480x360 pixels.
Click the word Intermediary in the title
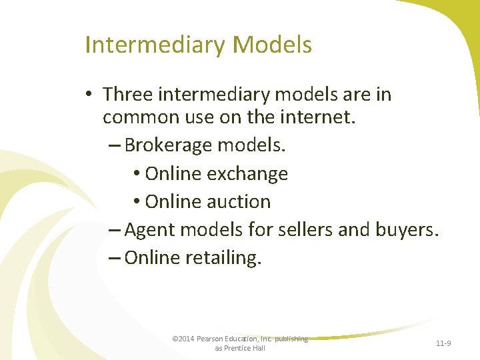point(156,45)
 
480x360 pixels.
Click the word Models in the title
point(273,45)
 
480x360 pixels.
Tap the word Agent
point(148,230)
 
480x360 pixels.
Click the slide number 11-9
point(443,343)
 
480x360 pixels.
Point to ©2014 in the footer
point(183,339)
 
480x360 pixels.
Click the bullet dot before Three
point(89,95)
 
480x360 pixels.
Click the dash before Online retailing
point(114,258)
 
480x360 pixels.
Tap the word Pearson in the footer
point(209,339)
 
